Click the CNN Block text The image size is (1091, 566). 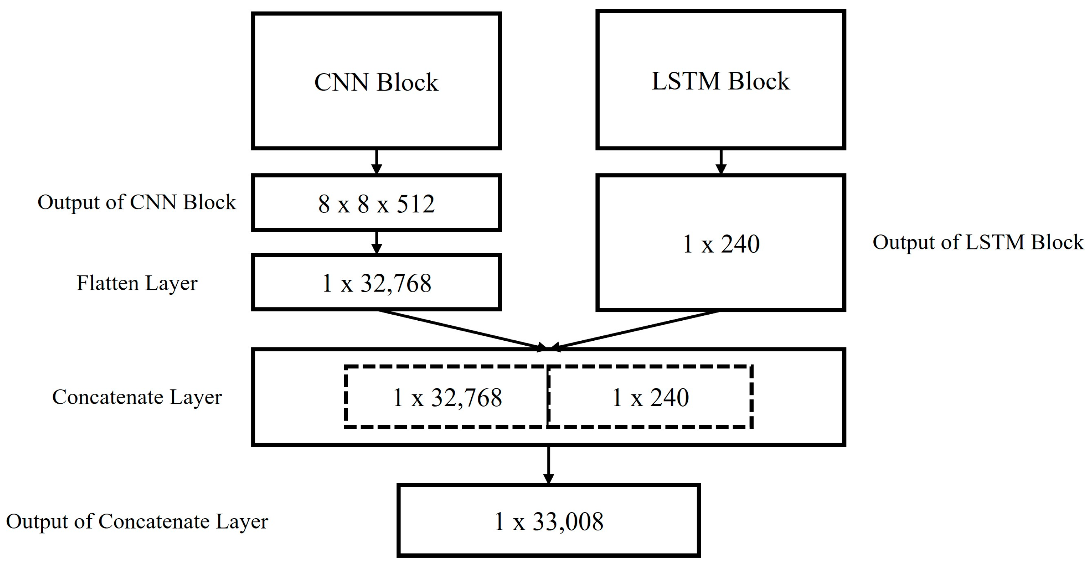376,82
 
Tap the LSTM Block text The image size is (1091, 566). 720,81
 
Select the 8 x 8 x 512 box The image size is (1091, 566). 376,203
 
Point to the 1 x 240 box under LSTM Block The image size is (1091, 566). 721,243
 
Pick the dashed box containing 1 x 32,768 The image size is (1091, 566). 447,397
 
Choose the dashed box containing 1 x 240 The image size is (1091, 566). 650,397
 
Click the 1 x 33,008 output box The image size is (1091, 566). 549,521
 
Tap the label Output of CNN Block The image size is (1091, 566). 136,202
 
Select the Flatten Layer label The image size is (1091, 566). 137,283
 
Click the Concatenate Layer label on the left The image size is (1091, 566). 137,397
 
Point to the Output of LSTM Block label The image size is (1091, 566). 977,242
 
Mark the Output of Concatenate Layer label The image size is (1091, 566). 137,521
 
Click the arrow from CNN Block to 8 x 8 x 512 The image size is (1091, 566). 376,162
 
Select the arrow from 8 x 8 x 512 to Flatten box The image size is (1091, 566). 376,243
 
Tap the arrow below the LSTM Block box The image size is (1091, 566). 720,162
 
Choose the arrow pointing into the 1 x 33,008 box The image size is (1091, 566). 549,465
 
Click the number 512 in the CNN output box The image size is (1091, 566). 416,204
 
